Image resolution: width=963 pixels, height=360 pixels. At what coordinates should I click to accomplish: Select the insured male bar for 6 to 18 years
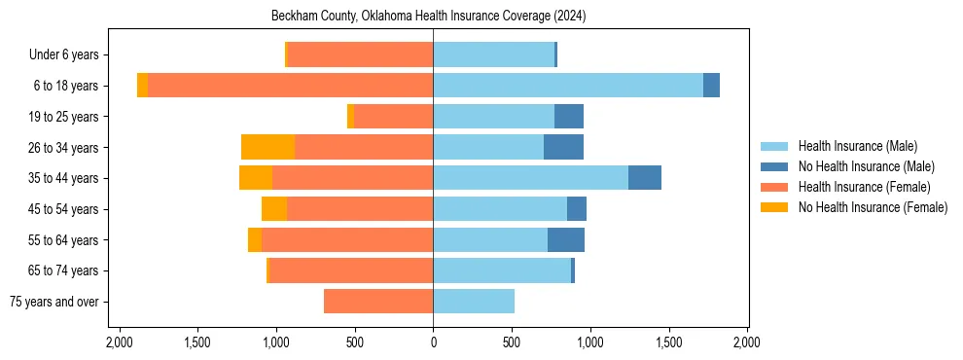pos(568,86)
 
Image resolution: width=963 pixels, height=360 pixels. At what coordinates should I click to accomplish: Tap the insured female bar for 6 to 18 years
pos(290,86)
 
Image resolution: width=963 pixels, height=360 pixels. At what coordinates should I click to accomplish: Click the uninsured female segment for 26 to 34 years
pos(267,147)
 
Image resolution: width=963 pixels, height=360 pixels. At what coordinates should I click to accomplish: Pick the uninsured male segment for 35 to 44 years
pos(645,178)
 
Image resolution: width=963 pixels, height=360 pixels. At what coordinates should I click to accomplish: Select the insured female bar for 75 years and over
pos(378,302)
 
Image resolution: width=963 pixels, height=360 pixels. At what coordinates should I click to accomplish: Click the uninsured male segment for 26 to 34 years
pos(563,147)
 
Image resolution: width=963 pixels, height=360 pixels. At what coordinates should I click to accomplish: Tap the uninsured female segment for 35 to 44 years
pos(256,178)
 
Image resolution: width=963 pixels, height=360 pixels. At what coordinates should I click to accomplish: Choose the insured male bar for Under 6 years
pos(493,54)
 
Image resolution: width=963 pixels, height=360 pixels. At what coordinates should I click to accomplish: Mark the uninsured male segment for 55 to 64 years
pos(566,239)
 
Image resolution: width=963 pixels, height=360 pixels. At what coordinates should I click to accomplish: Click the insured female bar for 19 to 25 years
pos(393,117)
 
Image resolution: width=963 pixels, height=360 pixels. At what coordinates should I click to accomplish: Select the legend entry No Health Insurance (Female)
pos(873,207)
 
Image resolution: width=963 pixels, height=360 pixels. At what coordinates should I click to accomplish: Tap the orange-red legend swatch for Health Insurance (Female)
pos(774,187)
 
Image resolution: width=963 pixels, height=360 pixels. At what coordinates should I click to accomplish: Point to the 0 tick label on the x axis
pos(433,342)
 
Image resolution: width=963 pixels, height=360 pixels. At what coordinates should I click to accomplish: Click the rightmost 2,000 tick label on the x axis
pos(746,342)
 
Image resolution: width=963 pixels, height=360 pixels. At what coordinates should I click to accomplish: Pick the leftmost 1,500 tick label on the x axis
pos(197,342)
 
